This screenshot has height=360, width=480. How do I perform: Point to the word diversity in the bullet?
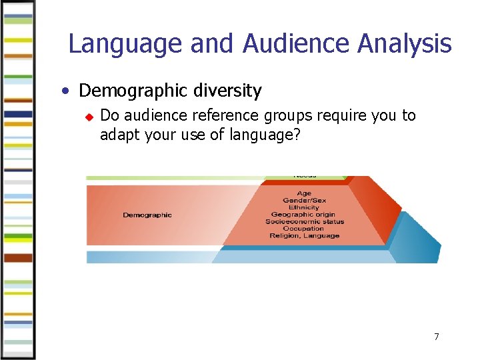228,90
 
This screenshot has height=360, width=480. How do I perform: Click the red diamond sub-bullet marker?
87,117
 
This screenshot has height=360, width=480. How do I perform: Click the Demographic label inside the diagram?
147,215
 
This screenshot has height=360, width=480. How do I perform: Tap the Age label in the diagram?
304,193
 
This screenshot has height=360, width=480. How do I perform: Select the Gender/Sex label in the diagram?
304,201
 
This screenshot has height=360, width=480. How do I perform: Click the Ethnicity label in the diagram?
304,207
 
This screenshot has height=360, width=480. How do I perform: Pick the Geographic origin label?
304,215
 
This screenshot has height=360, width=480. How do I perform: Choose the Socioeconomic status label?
305,221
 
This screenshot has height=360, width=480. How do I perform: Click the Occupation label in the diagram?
304,229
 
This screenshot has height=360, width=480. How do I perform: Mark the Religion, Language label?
304,235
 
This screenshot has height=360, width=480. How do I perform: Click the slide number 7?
437,337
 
